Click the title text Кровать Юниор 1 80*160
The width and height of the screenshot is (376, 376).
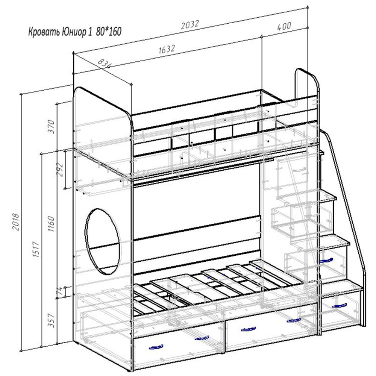(x=75, y=32)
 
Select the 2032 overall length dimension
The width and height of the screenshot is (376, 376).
(x=190, y=24)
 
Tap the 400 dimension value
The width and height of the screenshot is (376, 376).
(x=284, y=26)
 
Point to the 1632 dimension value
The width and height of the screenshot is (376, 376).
(x=167, y=49)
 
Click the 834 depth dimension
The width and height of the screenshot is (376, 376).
(x=104, y=63)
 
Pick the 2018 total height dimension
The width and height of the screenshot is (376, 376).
(x=16, y=221)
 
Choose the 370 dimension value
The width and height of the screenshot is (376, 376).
(x=52, y=126)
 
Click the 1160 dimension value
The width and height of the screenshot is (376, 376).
(x=51, y=223)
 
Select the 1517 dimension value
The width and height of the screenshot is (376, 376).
(x=36, y=249)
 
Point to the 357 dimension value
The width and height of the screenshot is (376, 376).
(x=51, y=320)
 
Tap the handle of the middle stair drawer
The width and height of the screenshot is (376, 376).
(x=326, y=261)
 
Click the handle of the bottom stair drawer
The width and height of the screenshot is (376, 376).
(x=339, y=306)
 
